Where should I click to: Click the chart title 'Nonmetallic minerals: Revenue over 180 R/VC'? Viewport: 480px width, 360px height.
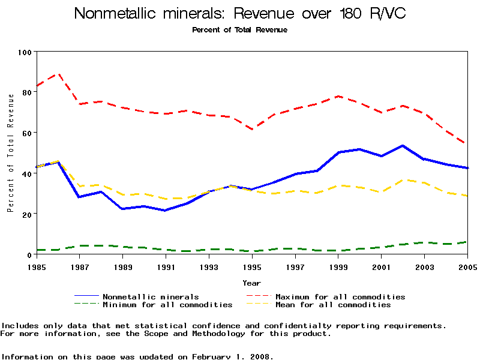(x=240, y=13)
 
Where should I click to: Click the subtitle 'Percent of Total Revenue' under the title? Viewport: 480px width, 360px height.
(x=240, y=30)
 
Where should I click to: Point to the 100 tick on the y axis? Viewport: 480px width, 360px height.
(x=24, y=52)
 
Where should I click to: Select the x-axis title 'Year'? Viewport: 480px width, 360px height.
(x=252, y=283)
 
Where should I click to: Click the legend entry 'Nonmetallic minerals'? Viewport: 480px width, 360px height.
(x=151, y=296)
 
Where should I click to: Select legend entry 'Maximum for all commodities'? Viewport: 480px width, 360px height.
(x=340, y=296)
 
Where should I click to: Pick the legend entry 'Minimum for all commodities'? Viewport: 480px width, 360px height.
(x=167, y=305)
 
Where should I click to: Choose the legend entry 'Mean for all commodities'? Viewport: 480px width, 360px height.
(x=333, y=305)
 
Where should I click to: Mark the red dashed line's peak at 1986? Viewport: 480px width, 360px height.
(x=58, y=74)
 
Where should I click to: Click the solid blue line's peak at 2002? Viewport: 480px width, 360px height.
(x=403, y=145)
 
